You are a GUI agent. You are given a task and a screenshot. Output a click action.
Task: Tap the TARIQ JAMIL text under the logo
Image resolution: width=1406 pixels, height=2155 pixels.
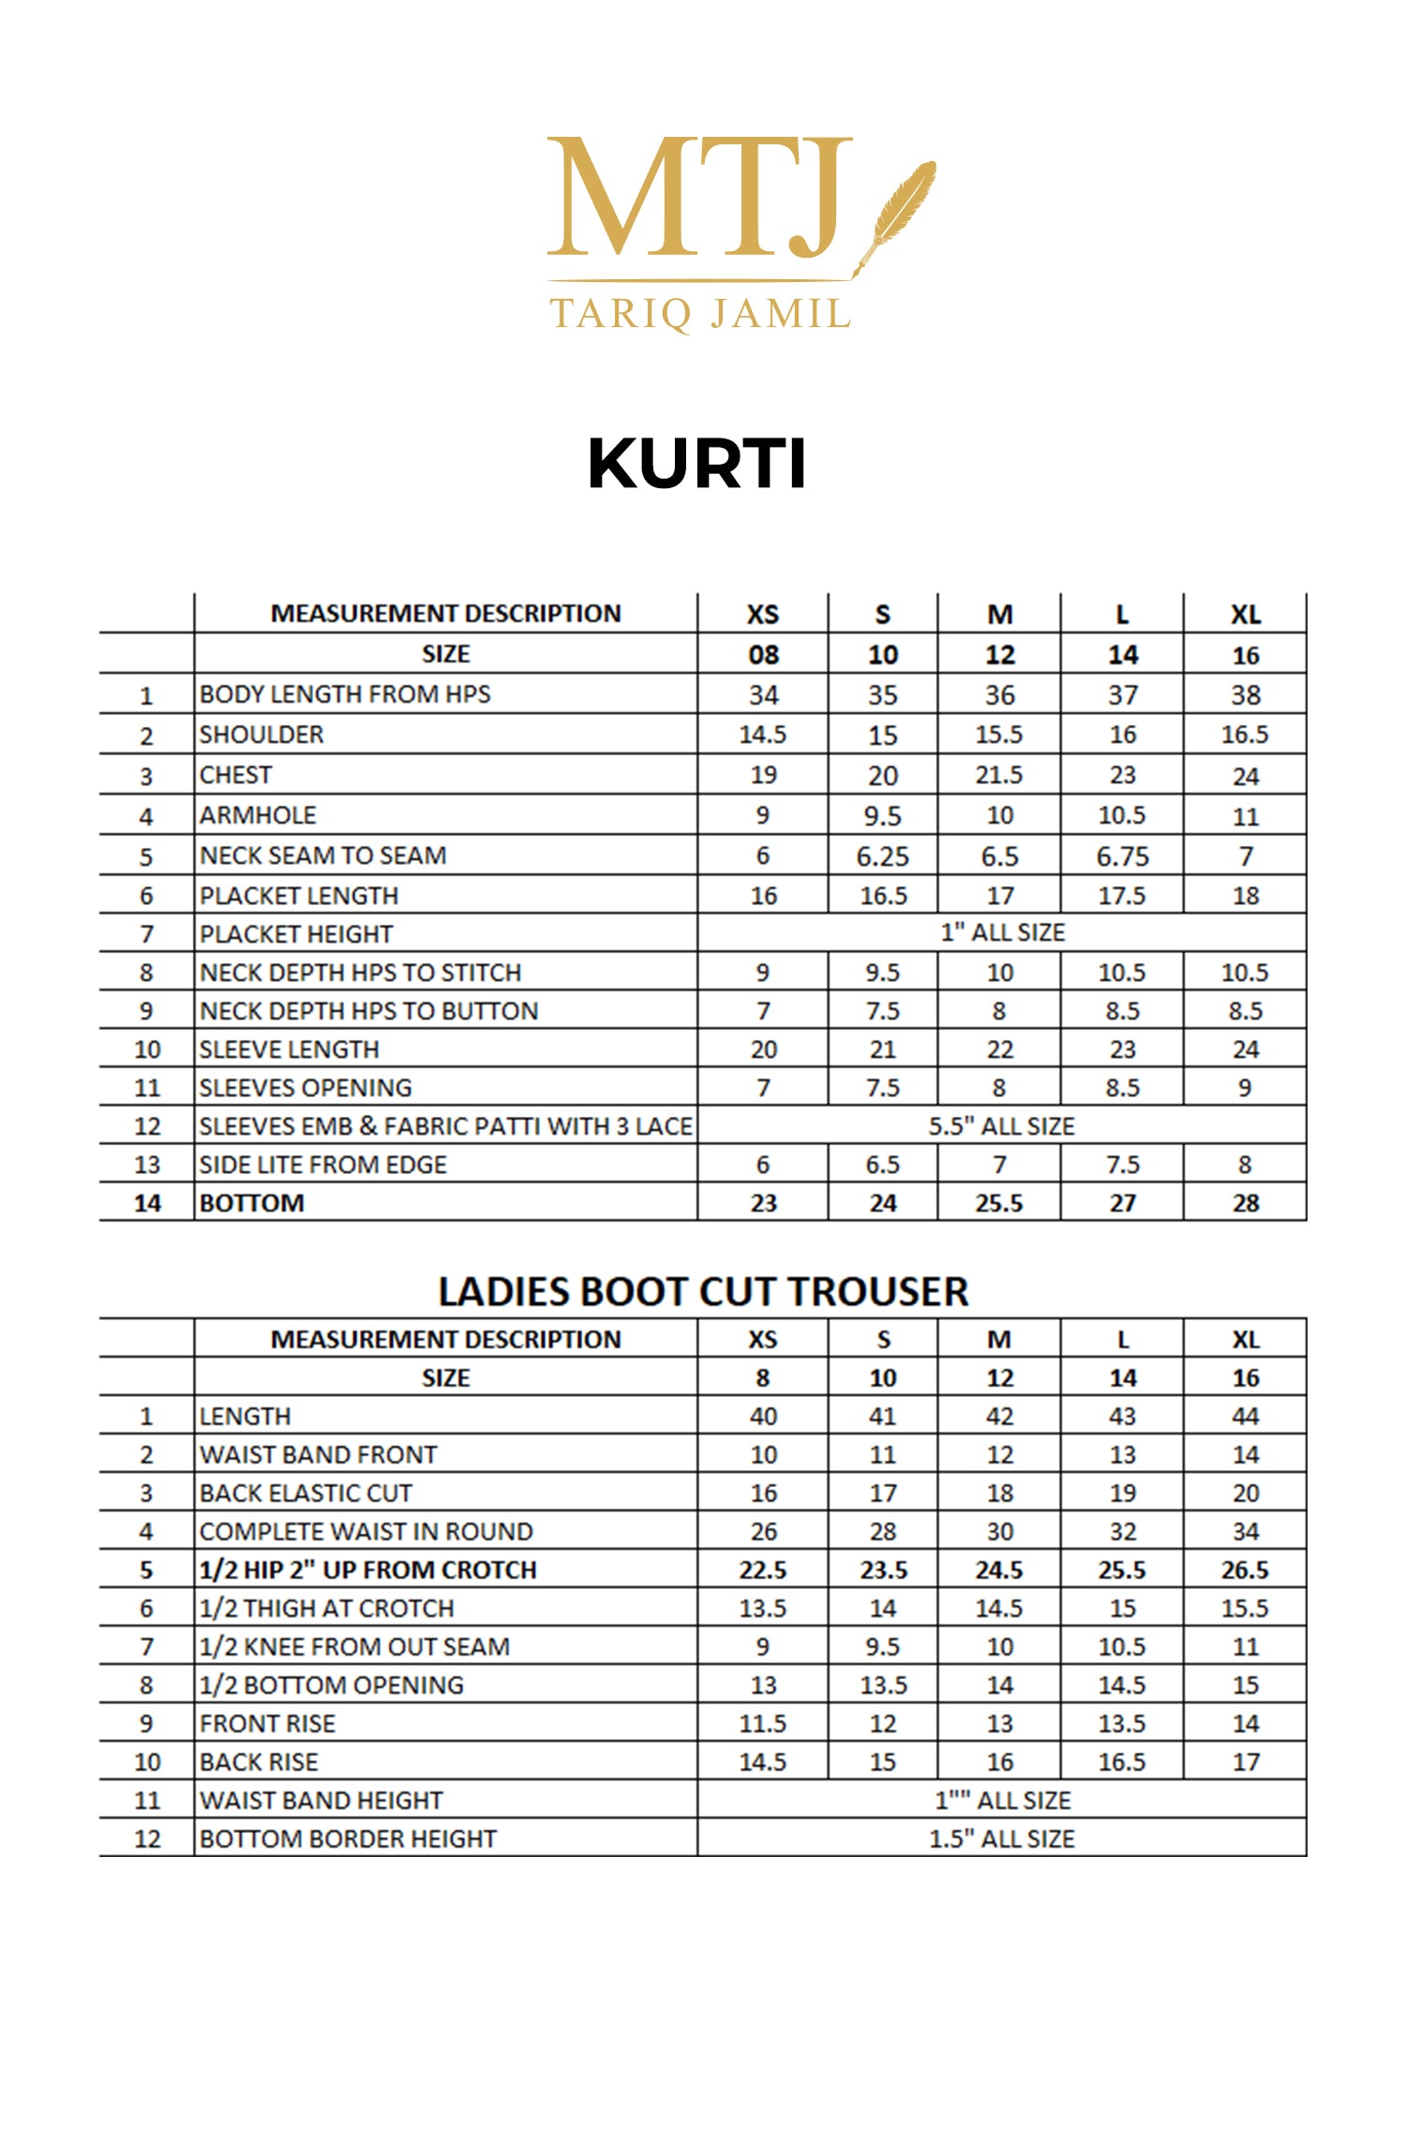700,314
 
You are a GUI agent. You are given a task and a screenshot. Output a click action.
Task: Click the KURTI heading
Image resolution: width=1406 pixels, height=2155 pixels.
696,464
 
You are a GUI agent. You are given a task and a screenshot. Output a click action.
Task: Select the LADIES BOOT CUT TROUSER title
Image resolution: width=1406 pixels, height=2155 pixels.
703,1292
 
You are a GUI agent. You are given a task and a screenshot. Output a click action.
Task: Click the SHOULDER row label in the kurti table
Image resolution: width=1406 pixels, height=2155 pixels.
262,735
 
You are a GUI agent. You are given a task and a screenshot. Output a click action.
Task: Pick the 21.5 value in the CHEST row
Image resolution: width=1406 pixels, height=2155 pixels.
999,775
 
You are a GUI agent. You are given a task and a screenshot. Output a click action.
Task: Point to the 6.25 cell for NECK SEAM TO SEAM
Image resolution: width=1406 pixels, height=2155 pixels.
882,856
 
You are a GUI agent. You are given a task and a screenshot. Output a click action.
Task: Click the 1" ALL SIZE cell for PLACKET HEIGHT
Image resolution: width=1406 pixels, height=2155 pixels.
1002,932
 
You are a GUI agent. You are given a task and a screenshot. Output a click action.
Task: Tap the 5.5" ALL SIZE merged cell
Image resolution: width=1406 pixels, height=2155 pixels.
1001,1126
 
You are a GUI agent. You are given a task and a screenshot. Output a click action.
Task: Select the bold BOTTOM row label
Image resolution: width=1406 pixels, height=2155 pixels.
252,1203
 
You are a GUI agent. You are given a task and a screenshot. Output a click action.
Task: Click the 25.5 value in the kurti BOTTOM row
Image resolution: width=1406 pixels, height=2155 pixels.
999,1203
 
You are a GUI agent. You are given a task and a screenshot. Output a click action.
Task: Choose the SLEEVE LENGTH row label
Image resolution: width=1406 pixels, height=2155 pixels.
289,1049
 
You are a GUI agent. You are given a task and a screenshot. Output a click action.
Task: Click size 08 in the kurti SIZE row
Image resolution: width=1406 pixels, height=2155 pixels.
763,655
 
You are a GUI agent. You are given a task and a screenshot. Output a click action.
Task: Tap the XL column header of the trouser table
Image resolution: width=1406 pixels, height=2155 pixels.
1245,1340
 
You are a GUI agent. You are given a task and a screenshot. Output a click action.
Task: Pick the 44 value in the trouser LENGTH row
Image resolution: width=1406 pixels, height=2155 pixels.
1245,1417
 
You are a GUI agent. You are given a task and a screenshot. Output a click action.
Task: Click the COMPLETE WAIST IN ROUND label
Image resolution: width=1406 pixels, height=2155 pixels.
366,1532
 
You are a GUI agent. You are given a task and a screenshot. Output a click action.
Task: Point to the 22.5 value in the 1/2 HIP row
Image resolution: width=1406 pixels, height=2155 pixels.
763,1570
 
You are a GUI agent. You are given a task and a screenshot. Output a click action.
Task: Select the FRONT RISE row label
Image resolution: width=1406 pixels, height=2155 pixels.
267,1724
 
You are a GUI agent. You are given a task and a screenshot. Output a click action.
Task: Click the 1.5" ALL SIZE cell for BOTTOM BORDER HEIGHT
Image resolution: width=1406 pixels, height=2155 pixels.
1001,1839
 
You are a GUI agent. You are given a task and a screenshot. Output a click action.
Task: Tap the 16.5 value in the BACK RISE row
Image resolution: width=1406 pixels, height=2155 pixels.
1122,1762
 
